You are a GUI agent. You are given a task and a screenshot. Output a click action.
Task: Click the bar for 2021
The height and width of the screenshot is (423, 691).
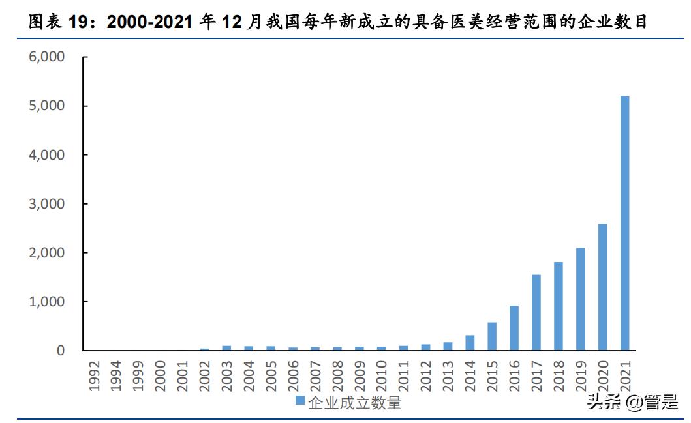624,223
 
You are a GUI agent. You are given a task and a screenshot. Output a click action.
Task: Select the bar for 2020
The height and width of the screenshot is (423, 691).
602,287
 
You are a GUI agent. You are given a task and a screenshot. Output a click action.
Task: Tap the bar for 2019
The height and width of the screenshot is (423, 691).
581,299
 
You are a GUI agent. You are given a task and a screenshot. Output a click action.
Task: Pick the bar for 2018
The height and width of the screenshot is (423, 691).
559,306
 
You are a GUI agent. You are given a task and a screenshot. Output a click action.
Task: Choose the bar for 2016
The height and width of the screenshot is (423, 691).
514,328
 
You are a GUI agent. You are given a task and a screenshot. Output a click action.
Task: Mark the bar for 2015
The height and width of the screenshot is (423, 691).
492,336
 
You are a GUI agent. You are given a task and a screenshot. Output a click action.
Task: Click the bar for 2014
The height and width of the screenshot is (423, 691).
470,343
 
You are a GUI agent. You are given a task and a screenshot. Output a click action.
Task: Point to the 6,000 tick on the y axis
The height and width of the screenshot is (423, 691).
47,57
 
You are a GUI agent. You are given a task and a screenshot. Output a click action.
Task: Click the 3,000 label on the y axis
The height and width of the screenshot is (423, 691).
47,204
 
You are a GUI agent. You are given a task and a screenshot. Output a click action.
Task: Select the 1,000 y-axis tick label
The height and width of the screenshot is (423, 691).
47,302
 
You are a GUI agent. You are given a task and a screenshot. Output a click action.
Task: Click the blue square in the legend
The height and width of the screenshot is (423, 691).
299,400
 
